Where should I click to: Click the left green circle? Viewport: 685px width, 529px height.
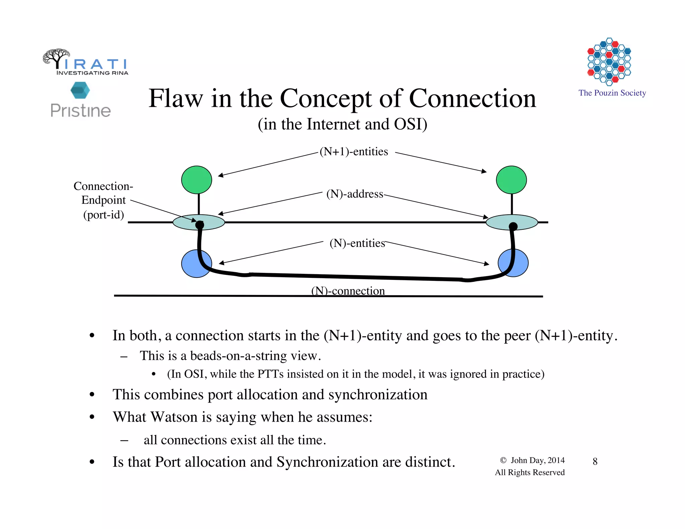pyautogui.click(x=196, y=180)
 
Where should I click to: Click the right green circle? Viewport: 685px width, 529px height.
pyautogui.click(x=511, y=180)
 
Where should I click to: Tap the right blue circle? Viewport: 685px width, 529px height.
pyautogui.click(x=520, y=262)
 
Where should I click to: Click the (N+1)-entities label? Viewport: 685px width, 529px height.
pyautogui.click(x=354, y=151)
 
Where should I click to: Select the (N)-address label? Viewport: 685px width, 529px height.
pyautogui.click(x=355, y=194)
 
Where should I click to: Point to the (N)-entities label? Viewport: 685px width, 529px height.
pyautogui.click(x=357, y=243)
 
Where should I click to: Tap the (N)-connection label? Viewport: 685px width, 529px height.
pyautogui.click(x=348, y=290)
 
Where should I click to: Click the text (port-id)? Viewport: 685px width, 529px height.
pyautogui.click(x=103, y=215)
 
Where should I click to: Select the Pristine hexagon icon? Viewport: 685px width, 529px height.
pyautogui.click(x=80, y=90)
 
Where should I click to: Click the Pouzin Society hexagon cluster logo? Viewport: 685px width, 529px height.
pyautogui.click(x=609, y=62)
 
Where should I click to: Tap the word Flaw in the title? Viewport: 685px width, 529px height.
pyautogui.click(x=176, y=99)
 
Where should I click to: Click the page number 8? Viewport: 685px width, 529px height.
pyautogui.click(x=595, y=461)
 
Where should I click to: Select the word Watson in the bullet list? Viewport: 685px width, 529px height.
pyautogui.click(x=174, y=417)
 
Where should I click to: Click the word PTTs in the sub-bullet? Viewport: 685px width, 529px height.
pyautogui.click(x=270, y=374)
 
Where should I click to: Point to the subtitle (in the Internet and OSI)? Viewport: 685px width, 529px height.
pyautogui.click(x=342, y=124)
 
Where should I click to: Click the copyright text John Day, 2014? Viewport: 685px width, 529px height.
pyautogui.click(x=537, y=460)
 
